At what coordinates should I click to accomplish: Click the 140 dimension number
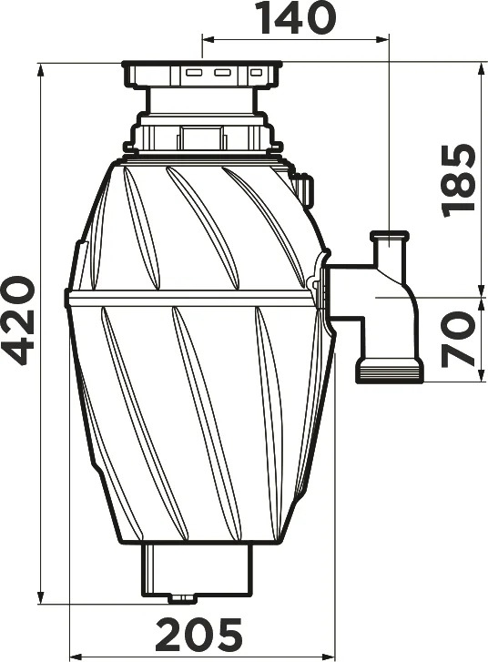pos(298,17)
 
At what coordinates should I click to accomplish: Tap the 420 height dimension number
pos(18,321)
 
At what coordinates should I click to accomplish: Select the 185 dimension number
pos(458,180)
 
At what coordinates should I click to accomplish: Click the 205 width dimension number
pos(198,634)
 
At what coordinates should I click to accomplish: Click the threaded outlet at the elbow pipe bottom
pos(390,371)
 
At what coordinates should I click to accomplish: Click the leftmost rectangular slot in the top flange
pos(195,73)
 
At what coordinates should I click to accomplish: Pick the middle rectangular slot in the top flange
pos(222,73)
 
